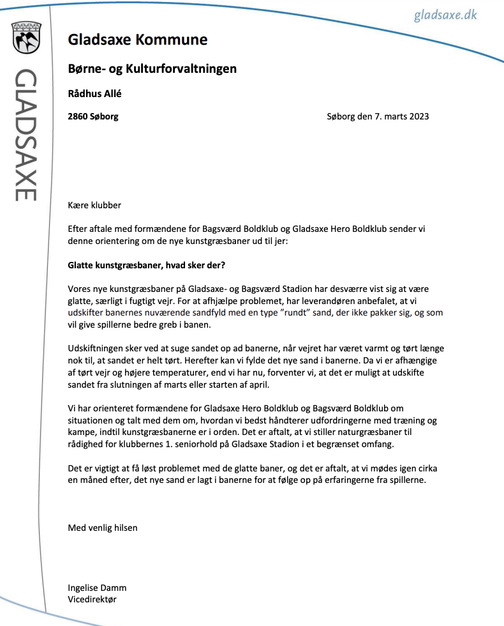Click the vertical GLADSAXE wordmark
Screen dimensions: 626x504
pyautogui.click(x=26, y=134)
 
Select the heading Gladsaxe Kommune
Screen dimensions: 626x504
pyautogui.click(x=138, y=40)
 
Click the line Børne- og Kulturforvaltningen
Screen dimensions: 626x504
pyautogui.click(x=152, y=68)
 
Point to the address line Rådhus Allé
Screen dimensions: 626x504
pyautogui.click(x=94, y=93)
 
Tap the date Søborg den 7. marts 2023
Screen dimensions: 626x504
pyautogui.click(x=378, y=116)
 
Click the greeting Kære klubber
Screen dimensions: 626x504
pyautogui.click(x=94, y=205)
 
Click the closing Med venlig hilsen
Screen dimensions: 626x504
pyautogui.click(x=103, y=528)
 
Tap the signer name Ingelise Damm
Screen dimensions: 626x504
pyautogui.click(x=98, y=588)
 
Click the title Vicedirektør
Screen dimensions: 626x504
pyautogui.click(x=93, y=599)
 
